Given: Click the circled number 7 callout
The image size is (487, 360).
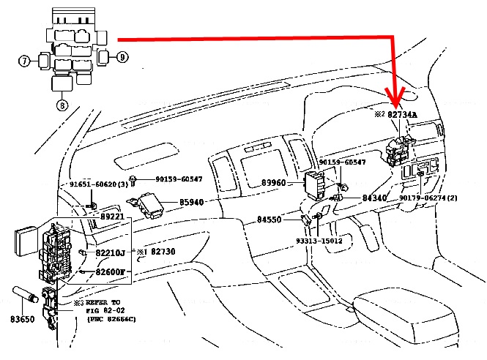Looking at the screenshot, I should click(24, 61).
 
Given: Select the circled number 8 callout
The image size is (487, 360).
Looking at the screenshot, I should click(62, 105).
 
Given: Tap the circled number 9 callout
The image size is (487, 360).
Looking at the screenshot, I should click(122, 56).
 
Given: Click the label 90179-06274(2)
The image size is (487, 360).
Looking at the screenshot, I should click(438, 198).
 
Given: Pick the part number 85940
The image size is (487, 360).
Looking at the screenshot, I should click(194, 202).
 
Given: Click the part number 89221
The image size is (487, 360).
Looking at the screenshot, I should click(114, 217).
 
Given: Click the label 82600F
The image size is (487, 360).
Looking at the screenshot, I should click(112, 272).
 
